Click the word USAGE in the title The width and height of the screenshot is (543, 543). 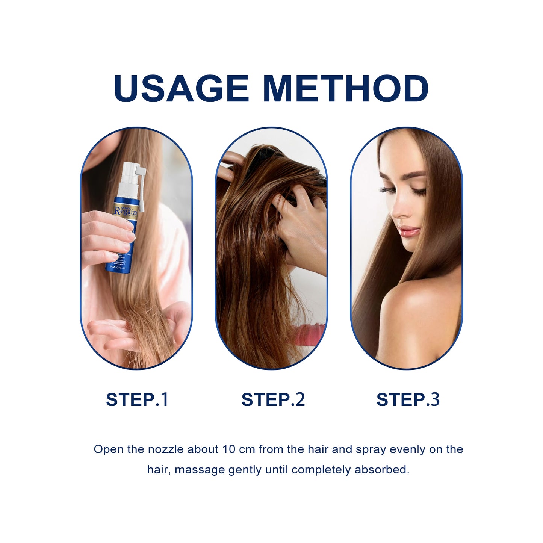click(x=181, y=89)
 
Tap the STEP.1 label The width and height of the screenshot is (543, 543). click(x=137, y=399)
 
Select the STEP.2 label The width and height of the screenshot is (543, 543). click(x=273, y=399)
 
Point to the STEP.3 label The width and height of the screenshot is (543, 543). click(x=408, y=399)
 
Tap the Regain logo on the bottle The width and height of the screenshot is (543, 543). click(x=126, y=211)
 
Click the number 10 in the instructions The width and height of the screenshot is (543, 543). click(x=228, y=449)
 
